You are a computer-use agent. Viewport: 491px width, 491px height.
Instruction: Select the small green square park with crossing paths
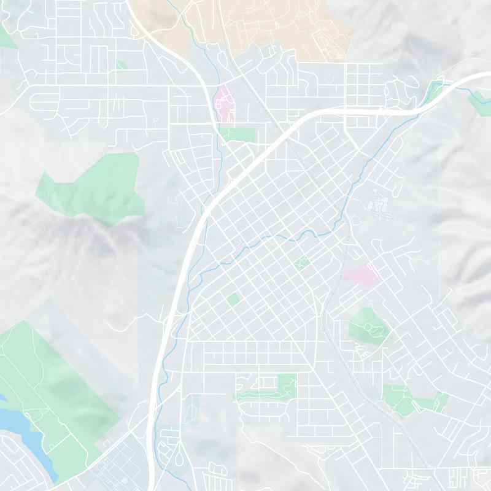click(301, 263)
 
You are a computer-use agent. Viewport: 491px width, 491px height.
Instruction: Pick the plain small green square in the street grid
click(233, 300)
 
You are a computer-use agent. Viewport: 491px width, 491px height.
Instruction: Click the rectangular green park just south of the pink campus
click(239, 134)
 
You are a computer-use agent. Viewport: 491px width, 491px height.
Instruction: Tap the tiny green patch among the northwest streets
click(122, 64)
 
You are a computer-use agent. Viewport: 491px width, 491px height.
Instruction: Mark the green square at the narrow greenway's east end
click(287, 384)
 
